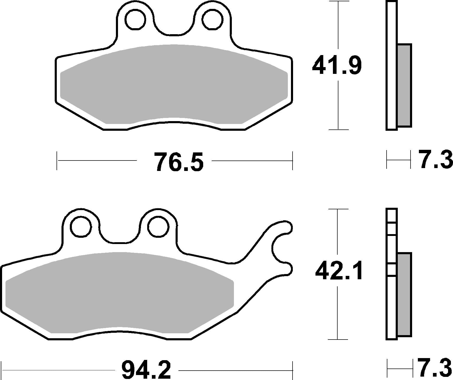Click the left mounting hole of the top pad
coord(135,19)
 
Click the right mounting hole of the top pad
coord(212,19)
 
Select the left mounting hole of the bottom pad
coord(81,227)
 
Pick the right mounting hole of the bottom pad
coord(158,227)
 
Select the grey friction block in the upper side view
coord(405,85)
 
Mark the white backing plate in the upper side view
coord(392,65)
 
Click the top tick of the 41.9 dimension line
coord(338,1)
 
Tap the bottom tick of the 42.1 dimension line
coord(338,339)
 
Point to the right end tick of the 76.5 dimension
coord(293,160)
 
